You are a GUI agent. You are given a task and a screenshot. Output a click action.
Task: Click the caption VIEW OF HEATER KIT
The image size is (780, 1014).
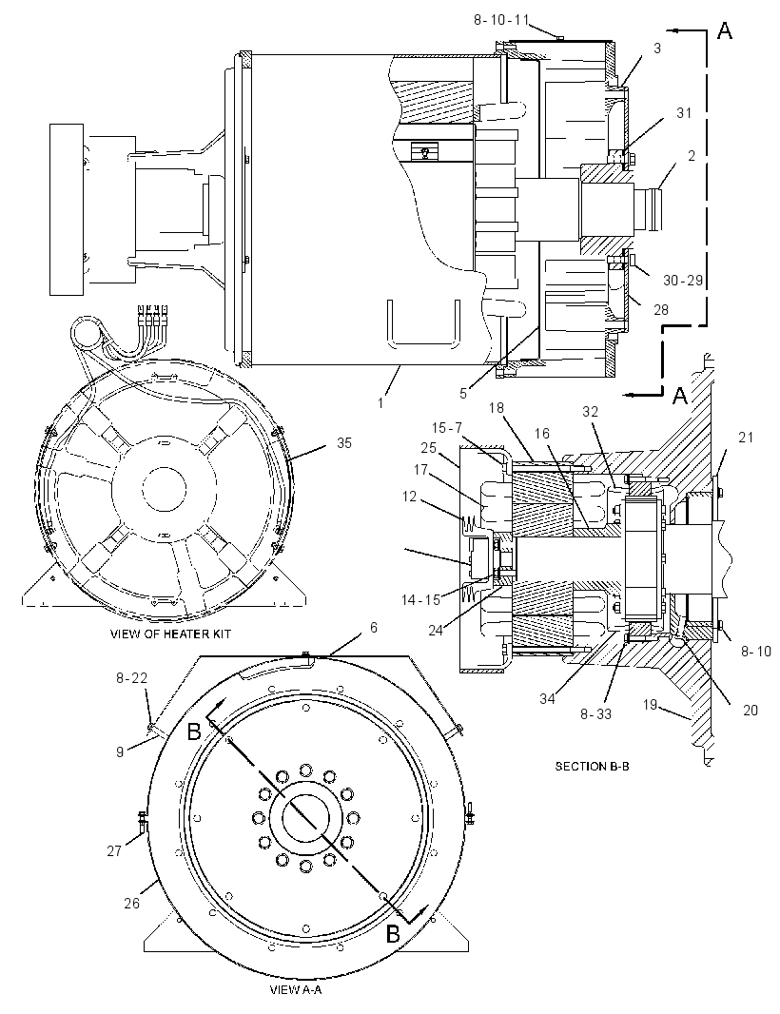point(170,634)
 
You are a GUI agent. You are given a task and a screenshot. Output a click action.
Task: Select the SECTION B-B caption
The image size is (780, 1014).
point(593,767)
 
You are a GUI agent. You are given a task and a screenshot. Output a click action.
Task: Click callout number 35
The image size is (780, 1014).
point(344,443)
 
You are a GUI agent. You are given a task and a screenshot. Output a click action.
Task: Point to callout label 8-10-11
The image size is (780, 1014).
point(501,20)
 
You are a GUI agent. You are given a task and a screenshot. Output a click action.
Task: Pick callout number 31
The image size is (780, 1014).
point(684,113)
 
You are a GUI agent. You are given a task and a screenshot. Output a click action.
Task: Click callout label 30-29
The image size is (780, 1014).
point(683,281)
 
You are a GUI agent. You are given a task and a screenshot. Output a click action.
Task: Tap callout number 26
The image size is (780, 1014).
point(131,903)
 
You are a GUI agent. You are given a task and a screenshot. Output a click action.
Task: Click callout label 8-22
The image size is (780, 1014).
point(131,678)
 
